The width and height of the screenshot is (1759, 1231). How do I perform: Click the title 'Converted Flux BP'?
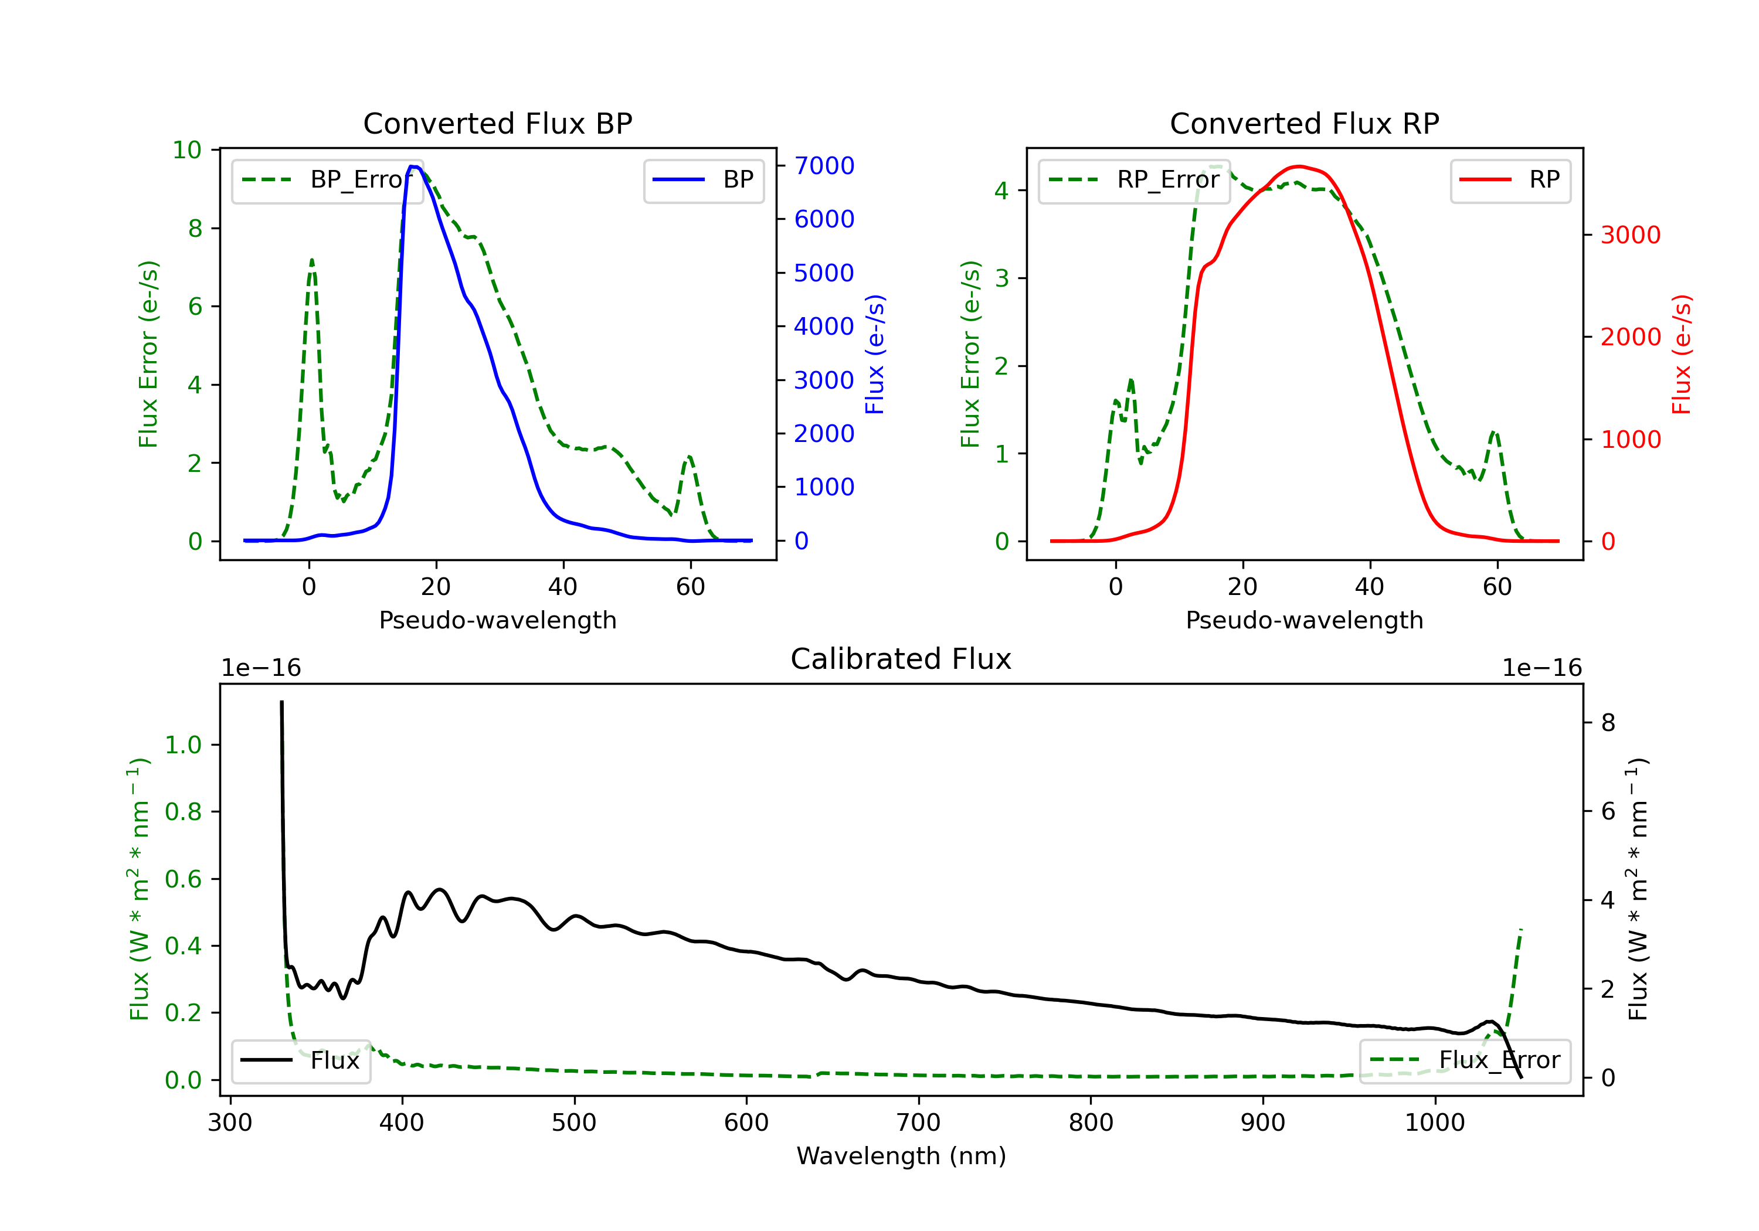click(498, 123)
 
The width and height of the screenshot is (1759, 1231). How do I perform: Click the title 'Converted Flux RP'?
click(1305, 123)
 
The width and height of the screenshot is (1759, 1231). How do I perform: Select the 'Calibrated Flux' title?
click(901, 659)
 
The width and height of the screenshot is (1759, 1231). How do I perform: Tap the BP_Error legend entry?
click(327, 180)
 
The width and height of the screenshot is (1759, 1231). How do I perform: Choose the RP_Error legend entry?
click(1134, 180)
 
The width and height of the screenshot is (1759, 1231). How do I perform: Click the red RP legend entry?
click(1510, 180)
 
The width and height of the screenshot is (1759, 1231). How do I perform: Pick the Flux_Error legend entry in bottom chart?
click(1465, 1060)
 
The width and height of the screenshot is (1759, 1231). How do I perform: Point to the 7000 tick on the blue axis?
click(824, 165)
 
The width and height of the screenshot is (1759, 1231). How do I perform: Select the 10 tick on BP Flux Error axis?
click(187, 149)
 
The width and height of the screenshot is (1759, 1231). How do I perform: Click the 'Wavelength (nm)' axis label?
click(901, 1156)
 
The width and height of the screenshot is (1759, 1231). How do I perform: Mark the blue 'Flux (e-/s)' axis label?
click(875, 354)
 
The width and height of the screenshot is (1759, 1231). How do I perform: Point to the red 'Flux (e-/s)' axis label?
click(1682, 354)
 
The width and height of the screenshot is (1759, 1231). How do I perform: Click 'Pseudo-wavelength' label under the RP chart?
click(1305, 620)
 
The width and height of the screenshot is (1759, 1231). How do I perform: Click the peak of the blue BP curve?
click(413, 166)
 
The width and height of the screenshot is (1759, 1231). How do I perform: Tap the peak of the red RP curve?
click(1299, 166)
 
